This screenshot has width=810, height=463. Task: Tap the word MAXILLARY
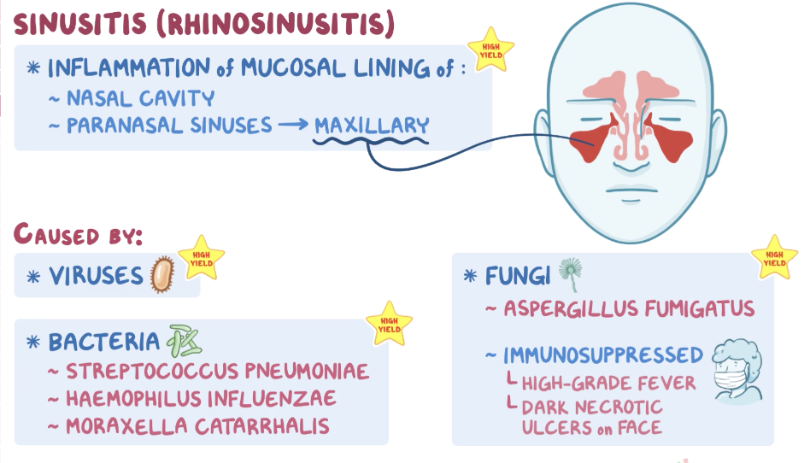(371, 126)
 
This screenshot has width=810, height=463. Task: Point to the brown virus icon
(160, 276)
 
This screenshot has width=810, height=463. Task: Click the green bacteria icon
(183, 341)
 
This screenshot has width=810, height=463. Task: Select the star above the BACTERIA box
(389, 324)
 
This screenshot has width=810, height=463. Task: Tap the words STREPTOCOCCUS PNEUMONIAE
(217, 372)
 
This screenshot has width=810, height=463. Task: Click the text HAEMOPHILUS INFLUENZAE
(201, 398)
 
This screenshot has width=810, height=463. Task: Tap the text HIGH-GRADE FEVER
(608, 383)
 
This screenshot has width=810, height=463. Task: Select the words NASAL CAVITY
(141, 98)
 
